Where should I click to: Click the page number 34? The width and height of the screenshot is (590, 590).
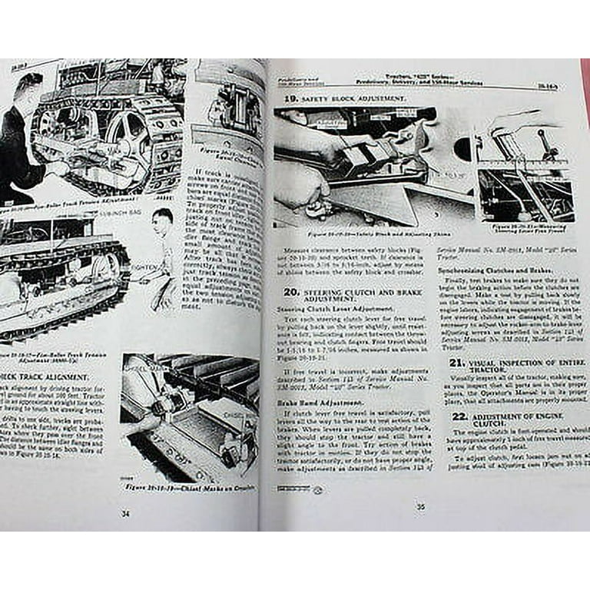pos(125,514)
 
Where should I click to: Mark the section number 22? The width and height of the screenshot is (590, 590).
pos(459,416)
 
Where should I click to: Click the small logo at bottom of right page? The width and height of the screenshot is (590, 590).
pos(318,489)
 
